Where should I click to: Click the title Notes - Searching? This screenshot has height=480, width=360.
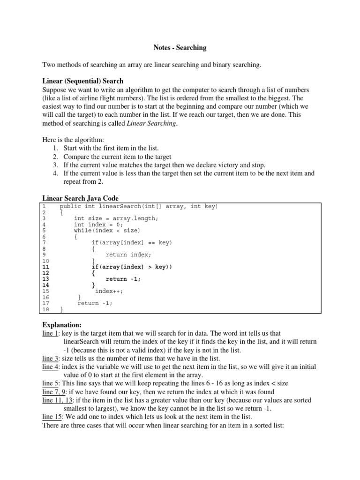pos(180,47)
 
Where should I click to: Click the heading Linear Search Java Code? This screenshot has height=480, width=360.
pos(81,198)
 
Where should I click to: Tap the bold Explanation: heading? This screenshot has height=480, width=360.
pos(62,324)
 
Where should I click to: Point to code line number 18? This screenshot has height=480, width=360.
pos(45,309)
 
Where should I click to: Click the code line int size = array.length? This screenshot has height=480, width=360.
pos(116,218)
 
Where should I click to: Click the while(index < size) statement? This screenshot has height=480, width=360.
pos(107,231)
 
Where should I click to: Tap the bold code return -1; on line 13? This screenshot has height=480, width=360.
pos(123,279)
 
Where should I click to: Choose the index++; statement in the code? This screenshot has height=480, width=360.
pos(109,291)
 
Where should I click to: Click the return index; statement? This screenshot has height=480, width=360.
pos(128,255)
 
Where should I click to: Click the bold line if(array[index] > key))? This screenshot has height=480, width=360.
pos(132,267)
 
